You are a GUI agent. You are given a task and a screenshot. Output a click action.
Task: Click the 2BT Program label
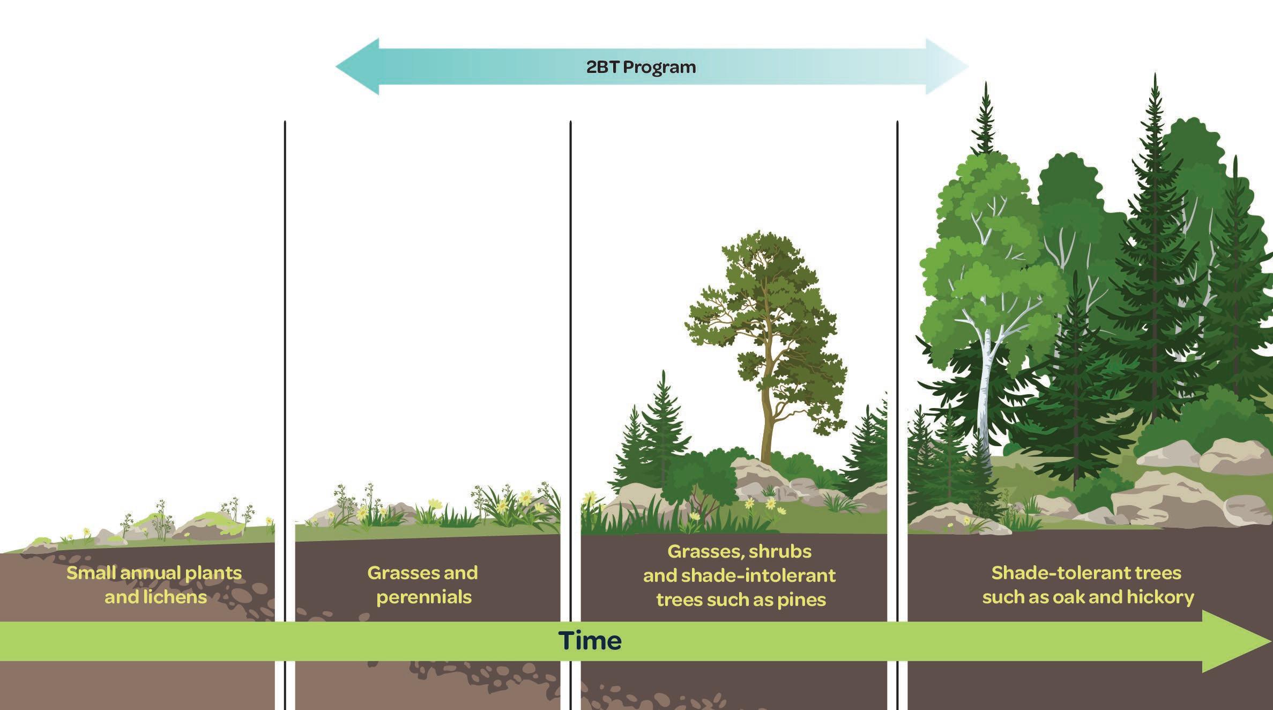(641, 68)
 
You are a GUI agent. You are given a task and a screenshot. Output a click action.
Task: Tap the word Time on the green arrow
(590, 641)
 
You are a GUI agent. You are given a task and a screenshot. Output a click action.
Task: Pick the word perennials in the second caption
(424, 597)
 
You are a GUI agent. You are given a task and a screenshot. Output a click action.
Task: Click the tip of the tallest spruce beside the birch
(985, 86)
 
